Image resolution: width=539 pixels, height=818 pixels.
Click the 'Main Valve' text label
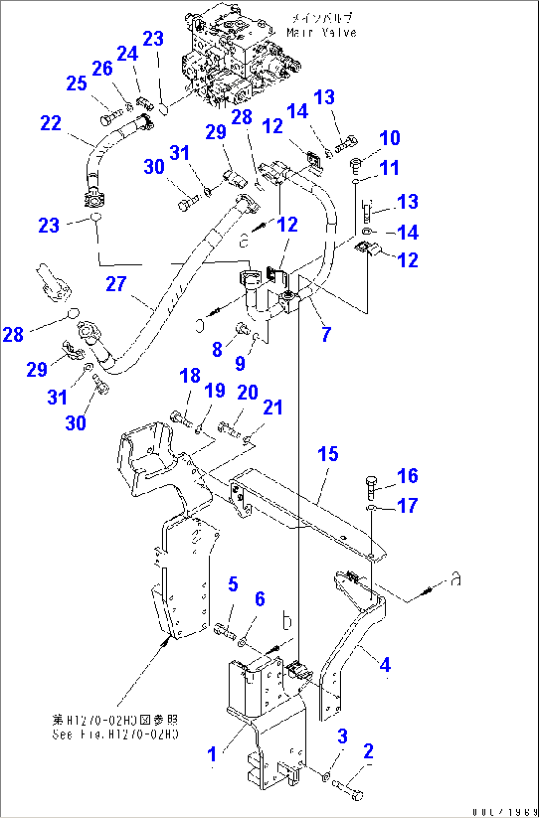pyautogui.click(x=322, y=32)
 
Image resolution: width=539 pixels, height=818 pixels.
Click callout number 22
pyautogui.click(x=50, y=123)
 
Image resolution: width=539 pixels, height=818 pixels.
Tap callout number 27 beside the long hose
pyautogui.click(x=116, y=284)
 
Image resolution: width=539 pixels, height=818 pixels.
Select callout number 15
pyautogui.click(x=328, y=454)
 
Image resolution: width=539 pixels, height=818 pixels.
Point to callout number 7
pyautogui.click(x=326, y=335)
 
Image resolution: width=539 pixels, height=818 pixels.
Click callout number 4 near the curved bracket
pyautogui.click(x=385, y=665)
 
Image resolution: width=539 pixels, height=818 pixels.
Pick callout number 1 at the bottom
pyautogui.click(x=212, y=754)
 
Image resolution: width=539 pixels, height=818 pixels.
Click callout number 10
pyautogui.click(x=390, y=138)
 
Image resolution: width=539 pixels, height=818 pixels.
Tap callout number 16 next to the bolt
pyautogui.click(x=407, y=475)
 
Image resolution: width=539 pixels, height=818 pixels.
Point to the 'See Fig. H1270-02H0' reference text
pyautogui.click(x=115, y=734)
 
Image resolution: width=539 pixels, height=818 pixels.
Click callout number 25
pyautogui.click(x=77, y=83)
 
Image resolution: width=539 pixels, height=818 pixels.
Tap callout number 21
pyautogui.click(x=272, y=407)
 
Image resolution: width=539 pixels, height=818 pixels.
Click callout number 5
pyautogui.click(x=233, y=584)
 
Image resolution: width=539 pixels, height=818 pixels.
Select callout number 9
pyautogui.click(x=240, y=363)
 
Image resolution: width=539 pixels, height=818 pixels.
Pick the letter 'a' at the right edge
pyautogui.click(x=456, y=579)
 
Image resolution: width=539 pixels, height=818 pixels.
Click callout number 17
pyautogui.click(x=407, y=506)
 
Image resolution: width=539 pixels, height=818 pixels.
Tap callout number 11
pyautogui.click(x=390, y=168)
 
